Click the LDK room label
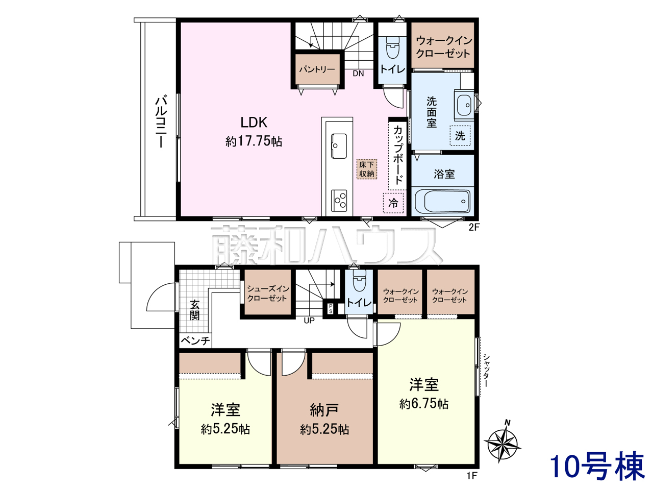point(254,122)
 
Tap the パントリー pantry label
point(317,69)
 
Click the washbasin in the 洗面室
point(464,105)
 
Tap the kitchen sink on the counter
point(339,146)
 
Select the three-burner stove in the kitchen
point(339,201)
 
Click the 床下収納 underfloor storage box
point(366,169)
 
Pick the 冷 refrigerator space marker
point(393,203)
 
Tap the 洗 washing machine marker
point(460,136)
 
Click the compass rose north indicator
point(502,445)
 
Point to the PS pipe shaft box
point(331,308)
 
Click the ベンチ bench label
point(195,340)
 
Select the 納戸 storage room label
point(324,410)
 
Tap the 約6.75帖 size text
point(423,404)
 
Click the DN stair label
point(358,73)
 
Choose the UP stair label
point(309,321)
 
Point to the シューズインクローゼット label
point(268,293)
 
